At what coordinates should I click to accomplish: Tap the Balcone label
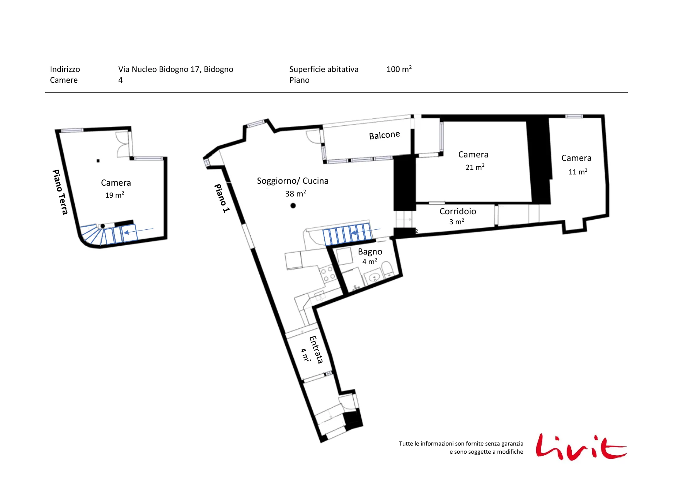[384, 135]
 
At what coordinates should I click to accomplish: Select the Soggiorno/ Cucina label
[293, 181]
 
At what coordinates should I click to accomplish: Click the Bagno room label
[370, 252]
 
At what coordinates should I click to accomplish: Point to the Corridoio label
[458, 211]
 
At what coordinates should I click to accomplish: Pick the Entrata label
[316, 350]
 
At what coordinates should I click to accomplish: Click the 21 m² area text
[475, 167]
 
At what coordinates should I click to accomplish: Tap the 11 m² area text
[577, 172]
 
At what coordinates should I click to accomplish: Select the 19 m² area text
[114, 195]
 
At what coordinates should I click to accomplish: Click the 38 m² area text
[295, 193]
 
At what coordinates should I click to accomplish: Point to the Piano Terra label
[60, 192]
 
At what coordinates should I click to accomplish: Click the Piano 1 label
[222, 198]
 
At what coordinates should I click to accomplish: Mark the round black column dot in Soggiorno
[293, 205]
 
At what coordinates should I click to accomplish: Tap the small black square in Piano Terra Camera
[98, 161]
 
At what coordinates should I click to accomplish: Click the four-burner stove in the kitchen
[328, 273]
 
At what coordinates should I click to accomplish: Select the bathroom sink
[374, 277]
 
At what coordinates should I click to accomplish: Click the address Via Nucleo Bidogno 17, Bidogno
[175, 69]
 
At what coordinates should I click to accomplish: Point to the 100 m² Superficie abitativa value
[399, 69]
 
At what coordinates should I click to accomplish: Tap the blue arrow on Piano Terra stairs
[138, 231]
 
